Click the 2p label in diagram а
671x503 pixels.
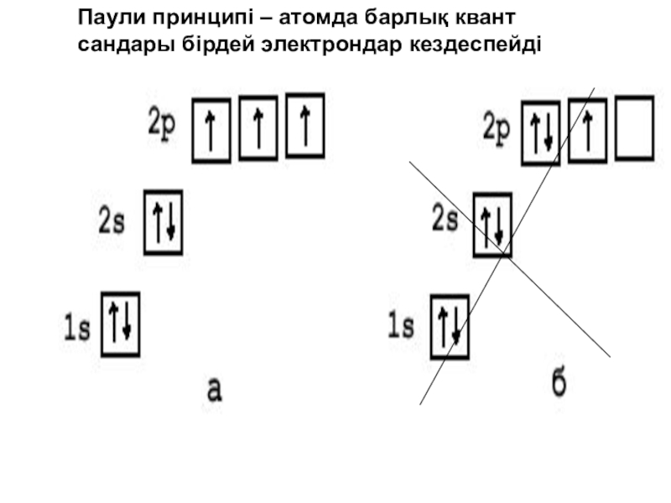tap(163, 125)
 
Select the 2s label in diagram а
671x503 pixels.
tap(112, 222)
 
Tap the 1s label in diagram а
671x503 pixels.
tap(77, 329)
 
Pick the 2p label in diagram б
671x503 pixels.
tap(497, 127)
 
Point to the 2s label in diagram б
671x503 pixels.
tap(445, 220)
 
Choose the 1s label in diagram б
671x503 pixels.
tap(401, 325)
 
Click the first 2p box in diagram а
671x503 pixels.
tap(211, 130)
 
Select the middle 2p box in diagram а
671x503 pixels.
tap(258, 129)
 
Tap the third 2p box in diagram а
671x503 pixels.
tap(304, 126)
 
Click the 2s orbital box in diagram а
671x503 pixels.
tap(163, 222)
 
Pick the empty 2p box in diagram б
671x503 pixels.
tap(634, 128)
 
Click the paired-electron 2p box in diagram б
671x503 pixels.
tap(541, 132)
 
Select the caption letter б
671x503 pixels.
tap(558, 384)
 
